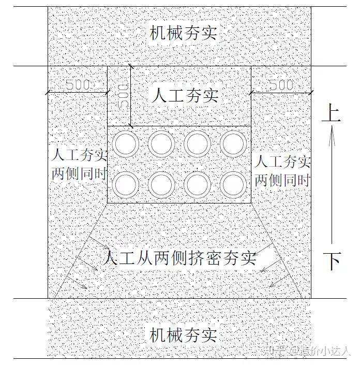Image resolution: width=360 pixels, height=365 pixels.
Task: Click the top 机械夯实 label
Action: (183, 34)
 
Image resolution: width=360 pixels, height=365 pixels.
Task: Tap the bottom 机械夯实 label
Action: (183, 335)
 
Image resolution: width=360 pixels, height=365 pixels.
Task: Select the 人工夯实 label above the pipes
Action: (186, 95)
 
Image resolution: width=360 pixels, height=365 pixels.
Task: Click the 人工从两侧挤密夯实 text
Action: (179, 258)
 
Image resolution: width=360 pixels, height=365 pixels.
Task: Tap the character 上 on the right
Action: (331, 113)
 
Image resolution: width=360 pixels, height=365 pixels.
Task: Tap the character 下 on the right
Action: (332, 261)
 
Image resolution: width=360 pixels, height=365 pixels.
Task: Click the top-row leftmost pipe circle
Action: (126, 144)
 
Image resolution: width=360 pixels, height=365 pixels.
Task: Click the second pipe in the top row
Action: (161, 144)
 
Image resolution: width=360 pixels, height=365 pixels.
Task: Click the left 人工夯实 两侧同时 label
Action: (79, 165)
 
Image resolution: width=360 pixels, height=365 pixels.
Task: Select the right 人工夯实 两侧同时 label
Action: (283, 170)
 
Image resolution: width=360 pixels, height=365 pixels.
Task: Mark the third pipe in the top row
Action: (197, 144)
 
